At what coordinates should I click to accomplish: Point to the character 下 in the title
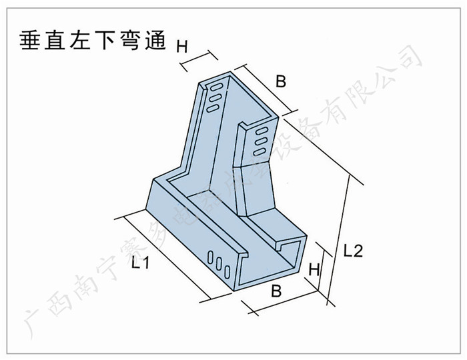coord(110,41)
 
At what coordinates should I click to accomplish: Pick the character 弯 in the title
coord(137,41)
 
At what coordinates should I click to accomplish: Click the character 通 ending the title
coord(163,41)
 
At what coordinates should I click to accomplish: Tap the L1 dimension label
coord(139,264)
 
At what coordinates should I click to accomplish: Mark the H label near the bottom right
coord(314,271)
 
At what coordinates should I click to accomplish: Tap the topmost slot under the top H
coord(216,87)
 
